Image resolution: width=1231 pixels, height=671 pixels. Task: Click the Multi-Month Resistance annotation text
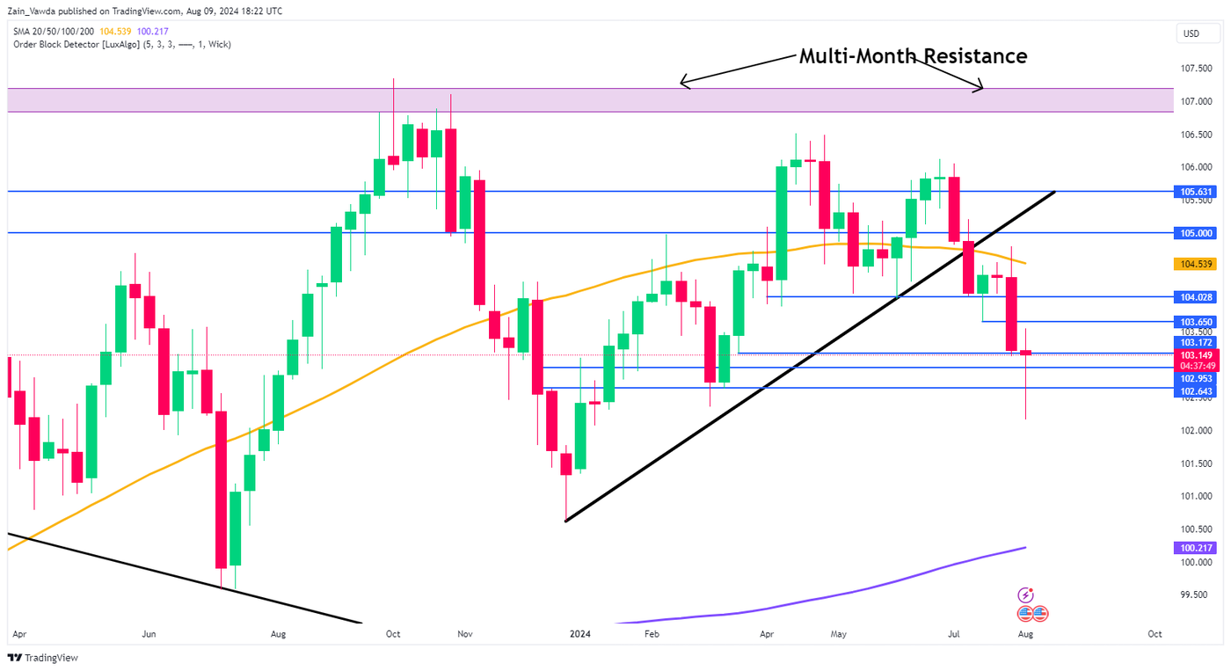point(912,56)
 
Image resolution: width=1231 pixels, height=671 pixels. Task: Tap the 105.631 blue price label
point(1195,191)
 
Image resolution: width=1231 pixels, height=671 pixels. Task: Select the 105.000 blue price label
point(1195,233)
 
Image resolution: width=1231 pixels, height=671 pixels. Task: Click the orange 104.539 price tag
point(1195,264)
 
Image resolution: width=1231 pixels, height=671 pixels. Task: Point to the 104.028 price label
point(1195,297)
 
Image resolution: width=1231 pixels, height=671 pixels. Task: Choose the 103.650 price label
point(1195,323)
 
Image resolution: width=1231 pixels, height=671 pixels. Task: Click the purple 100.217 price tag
point(1195,548)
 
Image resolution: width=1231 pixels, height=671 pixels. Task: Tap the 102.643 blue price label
point(1195,391)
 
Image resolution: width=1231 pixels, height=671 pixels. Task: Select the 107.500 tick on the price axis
point(1195,69)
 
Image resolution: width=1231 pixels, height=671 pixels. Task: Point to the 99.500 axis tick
point(1195,594)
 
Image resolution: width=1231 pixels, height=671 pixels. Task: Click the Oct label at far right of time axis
point(1155,633)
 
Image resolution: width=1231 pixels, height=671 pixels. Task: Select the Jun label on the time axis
point(149,633)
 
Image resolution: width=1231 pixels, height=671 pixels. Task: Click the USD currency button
point(1191,33)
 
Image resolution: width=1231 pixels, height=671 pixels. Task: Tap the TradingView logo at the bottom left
point(43,658)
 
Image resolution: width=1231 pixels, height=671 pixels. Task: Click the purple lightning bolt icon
point(1024,595)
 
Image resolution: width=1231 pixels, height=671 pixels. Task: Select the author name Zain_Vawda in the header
point(34,11)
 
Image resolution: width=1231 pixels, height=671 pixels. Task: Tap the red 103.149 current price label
point(1195,354)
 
